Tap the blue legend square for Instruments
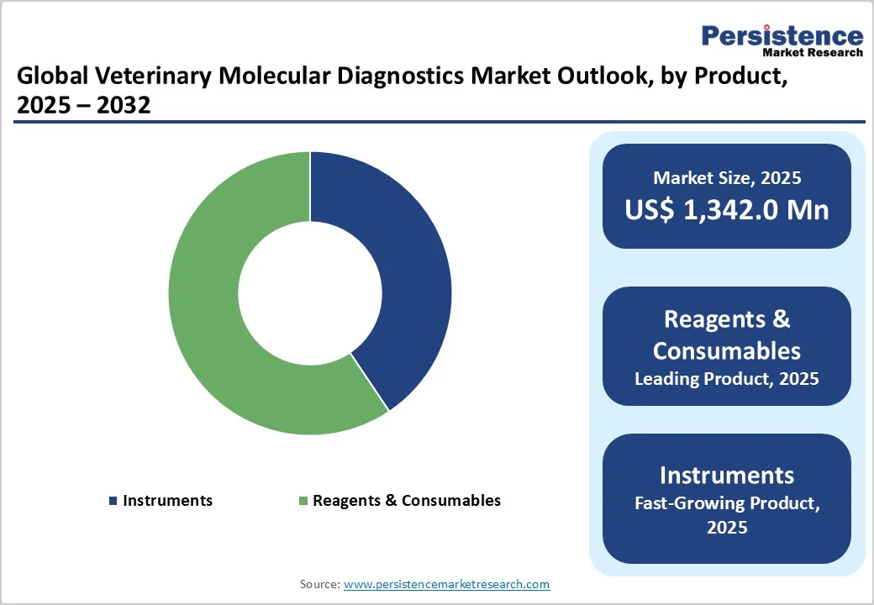113,501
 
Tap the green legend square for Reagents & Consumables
303,501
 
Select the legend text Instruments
167,501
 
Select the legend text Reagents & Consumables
407,501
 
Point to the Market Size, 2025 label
726,178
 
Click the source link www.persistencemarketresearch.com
446,584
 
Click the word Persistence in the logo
782,35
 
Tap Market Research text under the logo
812,52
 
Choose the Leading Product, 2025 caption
726,379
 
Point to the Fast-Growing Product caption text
726,503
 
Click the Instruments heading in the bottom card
726,475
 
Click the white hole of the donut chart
309,293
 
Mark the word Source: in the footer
319,584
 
